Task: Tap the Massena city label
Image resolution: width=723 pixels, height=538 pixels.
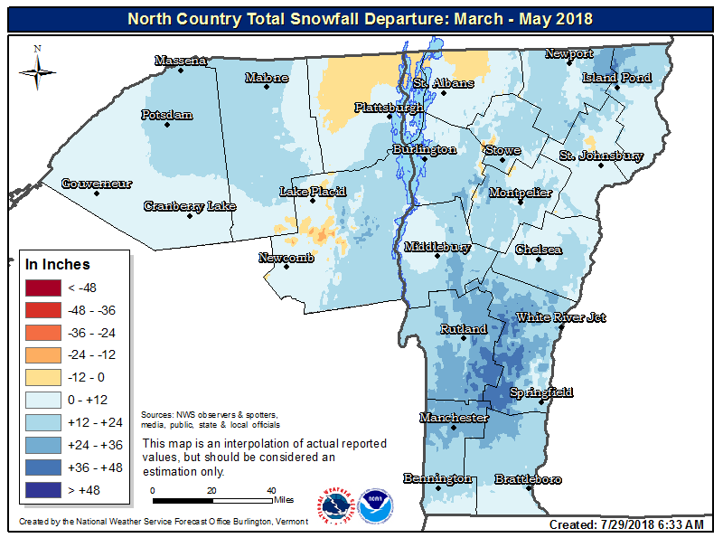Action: pyautogui.click(x=181, y=61)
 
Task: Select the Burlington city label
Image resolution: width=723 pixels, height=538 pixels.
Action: pyautogui.click(x=424, y=149)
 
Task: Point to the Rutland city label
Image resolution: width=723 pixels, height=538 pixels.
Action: pyautogui.click(x=463, y=329)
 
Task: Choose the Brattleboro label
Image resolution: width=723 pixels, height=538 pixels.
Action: pyautogui.click(x=528, y=478)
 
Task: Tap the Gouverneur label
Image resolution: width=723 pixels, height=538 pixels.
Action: pyautogui.click(x=97, y=184)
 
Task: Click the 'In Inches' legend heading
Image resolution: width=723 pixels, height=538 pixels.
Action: pyautogui.click(x=58, y=265)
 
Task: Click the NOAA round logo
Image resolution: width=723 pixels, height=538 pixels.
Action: pyautogui.click(x=375, y=506)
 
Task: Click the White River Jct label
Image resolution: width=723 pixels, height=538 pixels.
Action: pyautogui.click(x=560, y=317)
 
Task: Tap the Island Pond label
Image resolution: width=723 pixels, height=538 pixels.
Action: pyautogui.click(x=616, y=78)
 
